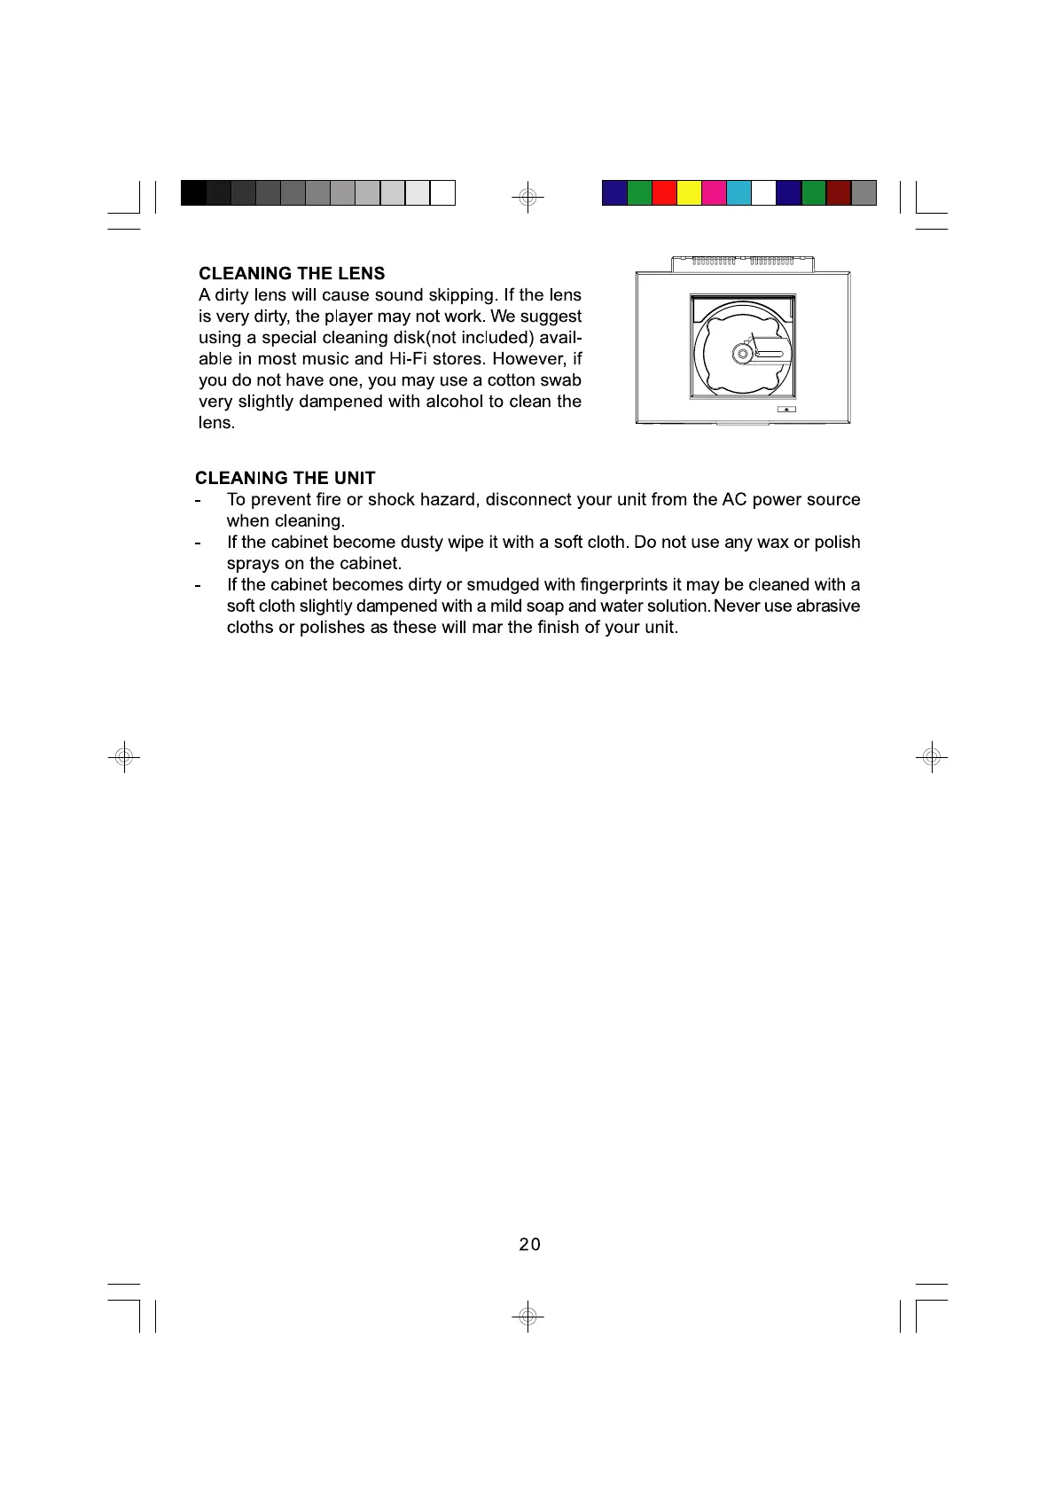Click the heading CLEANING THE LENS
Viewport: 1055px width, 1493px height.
click(292, 273)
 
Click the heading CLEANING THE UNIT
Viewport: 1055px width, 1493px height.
click(285, 479)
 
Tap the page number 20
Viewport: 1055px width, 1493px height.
click(529, 1245)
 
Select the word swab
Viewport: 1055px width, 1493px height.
click(561, 380)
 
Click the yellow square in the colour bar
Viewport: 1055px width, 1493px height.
click(689, 192)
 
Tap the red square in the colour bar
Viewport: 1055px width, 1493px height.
click(664, 192)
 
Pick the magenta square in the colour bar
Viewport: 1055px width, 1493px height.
click(714, 192)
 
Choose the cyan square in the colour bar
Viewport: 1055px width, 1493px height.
click(738, 192)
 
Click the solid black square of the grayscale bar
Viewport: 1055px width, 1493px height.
click(193, 192)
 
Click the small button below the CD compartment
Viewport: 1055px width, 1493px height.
click(786, 409)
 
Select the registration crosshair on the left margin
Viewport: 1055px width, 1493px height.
click(124, 757)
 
